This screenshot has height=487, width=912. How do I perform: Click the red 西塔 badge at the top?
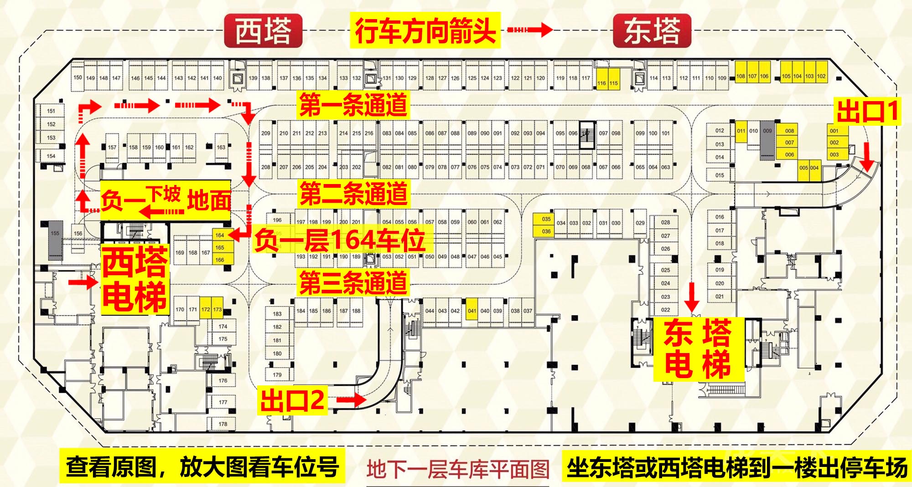[x=263, y=31]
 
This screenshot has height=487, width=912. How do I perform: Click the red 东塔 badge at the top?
[x=652, y=31]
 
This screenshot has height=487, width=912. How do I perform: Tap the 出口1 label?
[x=868, y=111]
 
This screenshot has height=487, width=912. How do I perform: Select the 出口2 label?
[x=292, y=400]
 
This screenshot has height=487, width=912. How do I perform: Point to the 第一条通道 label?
[x=353, y=105]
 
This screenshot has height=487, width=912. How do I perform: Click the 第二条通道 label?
[x=353, y=193]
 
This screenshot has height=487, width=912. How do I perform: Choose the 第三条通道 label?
[x=353, y=282]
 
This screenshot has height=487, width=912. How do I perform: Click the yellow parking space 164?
[x=220, y=235]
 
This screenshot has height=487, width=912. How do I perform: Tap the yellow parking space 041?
[x=472, y=311]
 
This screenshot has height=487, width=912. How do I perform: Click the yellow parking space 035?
[x=546, y=219]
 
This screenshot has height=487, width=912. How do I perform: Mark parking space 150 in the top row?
[x=78, y=77]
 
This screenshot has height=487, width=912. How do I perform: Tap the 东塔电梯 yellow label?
[x=698, y=349]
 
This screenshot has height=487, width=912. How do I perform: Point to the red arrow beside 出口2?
[x=351, y=400]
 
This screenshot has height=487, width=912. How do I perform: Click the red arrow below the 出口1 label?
[x=868, y=160]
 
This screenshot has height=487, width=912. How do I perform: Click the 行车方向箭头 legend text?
[x=425, y=30]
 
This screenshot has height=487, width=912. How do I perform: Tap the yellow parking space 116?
[x=601, y=83]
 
